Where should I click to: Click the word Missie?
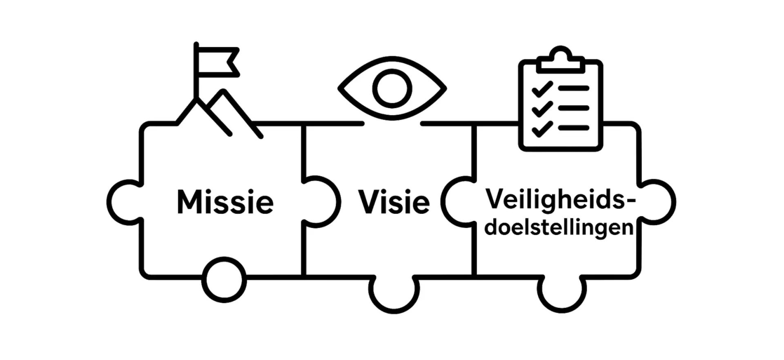click(225, 202)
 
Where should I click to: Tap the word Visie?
click(394, 202)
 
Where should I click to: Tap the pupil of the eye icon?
click(392, 89)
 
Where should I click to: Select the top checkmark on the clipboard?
click(542, 89)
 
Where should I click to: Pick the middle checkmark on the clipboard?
click(542, 109)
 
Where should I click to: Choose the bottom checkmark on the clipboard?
click(542, 129)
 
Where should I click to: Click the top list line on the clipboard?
click(574, 88)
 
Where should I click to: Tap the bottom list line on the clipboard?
click(574, 128)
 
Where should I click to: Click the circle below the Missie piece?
click(224, 280)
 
